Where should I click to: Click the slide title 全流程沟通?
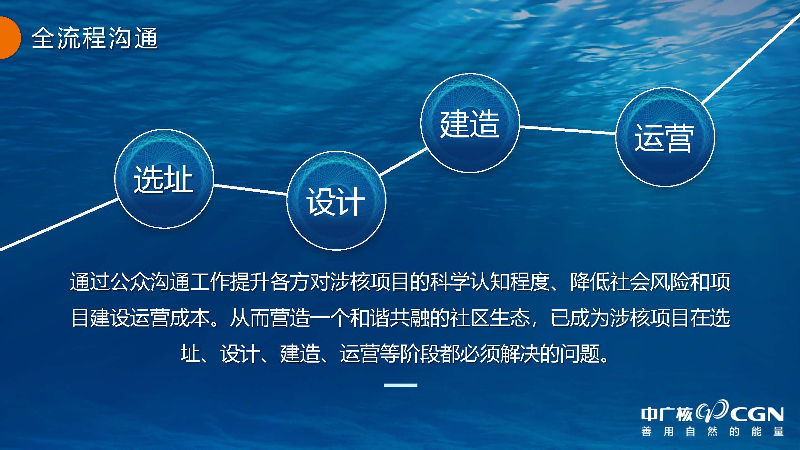(x=95, y=38)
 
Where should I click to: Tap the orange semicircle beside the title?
(x=10, y=38)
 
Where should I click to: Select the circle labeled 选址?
(x=164, y=178)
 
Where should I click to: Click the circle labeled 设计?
(x=336, y=200)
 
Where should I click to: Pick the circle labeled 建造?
(x=470, y=123)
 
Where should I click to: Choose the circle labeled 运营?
(x=665, y=137)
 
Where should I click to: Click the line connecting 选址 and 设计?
(x=250, y=190)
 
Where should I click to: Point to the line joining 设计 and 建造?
(x=403, y=162)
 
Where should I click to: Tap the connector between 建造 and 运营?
(x=568, y=130)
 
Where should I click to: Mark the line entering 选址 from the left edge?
(x=59, y=224)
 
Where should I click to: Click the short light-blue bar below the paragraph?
(x=400, y=385)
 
